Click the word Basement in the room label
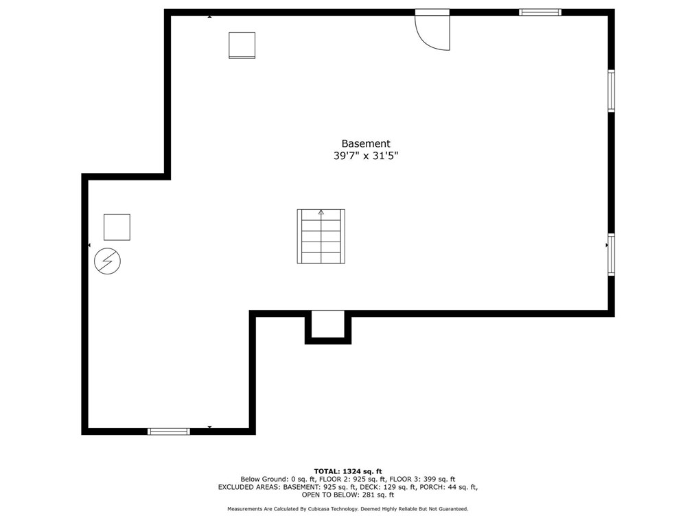[365, 143]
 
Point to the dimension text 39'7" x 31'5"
[365, 156]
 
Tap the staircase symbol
[321, 237]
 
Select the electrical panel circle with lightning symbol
[107, 261]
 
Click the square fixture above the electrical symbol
[117, 227]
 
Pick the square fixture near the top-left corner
[242, 45]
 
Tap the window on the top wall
[540, 12]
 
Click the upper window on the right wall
[611, 91]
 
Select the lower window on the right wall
[611, 255]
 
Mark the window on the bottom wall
[169, 431]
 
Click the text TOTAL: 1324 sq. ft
[348, 471]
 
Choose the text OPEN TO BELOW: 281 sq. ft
[348, 495]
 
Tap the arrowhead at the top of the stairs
[321, 213]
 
